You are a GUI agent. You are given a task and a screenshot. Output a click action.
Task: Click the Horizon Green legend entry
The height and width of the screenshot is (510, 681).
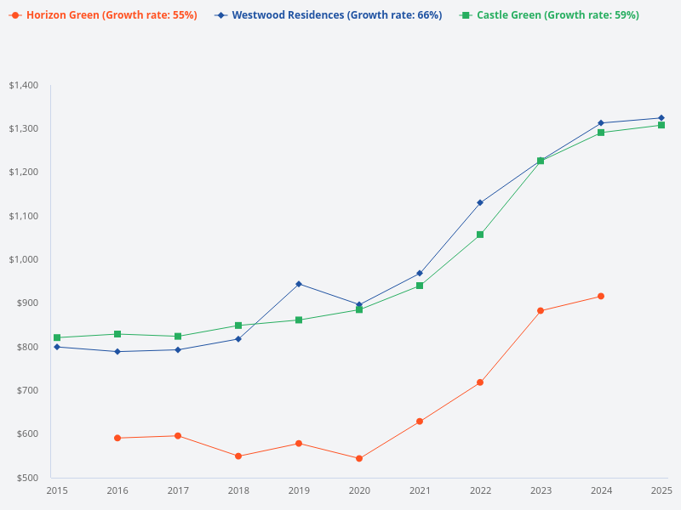(103, 15)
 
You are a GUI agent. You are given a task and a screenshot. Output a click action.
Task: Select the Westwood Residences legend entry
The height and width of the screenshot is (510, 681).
(329, 15)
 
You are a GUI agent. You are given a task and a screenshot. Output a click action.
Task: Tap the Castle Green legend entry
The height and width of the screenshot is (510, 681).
(549, 15)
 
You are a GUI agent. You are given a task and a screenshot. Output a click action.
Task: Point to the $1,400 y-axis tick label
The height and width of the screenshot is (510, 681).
(24, 85)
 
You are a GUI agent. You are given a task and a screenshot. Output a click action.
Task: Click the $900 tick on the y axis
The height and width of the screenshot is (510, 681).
(27, 303)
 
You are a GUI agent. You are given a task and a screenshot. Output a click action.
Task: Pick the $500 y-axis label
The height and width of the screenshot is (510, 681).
(27, 478)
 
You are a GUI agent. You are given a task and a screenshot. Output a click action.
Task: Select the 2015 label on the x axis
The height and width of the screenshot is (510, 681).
(57, 490)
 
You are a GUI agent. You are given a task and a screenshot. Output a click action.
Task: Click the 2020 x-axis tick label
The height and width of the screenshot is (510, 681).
(359, 490)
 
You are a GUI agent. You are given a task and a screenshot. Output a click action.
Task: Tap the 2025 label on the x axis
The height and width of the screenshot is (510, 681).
(661, 490)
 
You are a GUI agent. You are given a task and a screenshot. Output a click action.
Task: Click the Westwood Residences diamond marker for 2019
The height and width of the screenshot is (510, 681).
(299, 284)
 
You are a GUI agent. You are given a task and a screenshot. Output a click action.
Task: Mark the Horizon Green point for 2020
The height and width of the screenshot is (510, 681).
(359, 458)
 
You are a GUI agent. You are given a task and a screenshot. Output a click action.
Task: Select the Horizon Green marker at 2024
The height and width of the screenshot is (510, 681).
(601, 296)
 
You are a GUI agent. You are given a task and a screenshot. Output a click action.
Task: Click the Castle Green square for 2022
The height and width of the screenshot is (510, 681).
(480, 235)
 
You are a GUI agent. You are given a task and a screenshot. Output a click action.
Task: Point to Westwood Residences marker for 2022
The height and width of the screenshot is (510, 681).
(480, 202)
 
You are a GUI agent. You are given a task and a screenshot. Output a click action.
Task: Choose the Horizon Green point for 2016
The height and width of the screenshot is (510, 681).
(117, 438)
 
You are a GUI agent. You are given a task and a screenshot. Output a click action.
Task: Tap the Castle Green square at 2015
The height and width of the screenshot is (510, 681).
(57, 337)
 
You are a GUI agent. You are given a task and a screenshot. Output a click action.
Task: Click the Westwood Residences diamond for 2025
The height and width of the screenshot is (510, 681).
(661, 118)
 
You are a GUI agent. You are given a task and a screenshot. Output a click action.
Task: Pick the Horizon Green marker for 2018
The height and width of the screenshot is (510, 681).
(238, 456)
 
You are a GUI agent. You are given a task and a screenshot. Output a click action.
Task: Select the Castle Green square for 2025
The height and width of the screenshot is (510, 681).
(661, 125)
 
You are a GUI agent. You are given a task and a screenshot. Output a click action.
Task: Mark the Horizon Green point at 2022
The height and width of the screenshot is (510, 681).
(480, 382)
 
